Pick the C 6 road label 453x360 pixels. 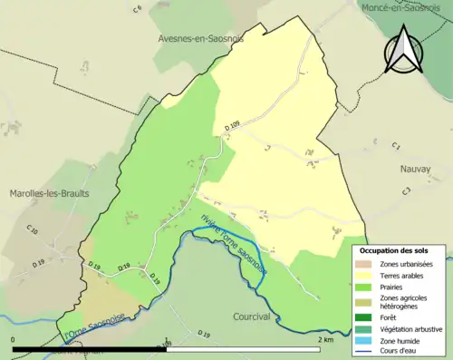click(x=137, y=9)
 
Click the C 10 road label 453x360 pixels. click(x=34, y=232)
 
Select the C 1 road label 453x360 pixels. click(x=395, y=146)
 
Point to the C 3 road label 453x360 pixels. click(x=407, y=190)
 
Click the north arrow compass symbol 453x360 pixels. click(x=403, y=49)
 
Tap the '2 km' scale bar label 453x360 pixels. click(x=328, y=339)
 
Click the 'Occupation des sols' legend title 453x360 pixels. click(x=394, y=249)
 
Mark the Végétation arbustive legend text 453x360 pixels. click(x=412, y=328)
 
